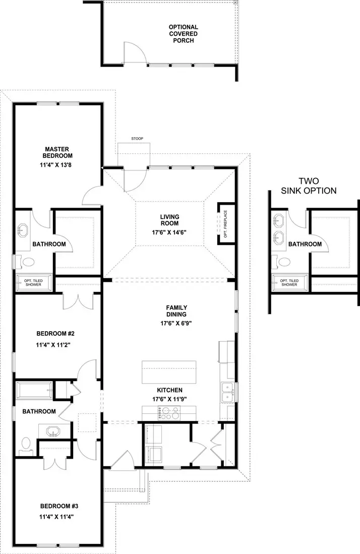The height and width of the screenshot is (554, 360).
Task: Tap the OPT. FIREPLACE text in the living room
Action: point(226,223)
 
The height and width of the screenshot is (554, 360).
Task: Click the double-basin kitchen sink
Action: point(227,391)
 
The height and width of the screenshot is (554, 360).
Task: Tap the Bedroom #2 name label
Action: point(55,334)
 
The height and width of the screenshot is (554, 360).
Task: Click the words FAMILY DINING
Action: point(177,312)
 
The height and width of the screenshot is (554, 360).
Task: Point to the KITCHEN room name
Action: point(169,390)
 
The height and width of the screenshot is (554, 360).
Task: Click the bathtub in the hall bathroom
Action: point(34,390)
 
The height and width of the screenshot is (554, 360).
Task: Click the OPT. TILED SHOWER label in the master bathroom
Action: point(34,283)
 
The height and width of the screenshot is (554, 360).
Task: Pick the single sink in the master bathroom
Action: point(22,231)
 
